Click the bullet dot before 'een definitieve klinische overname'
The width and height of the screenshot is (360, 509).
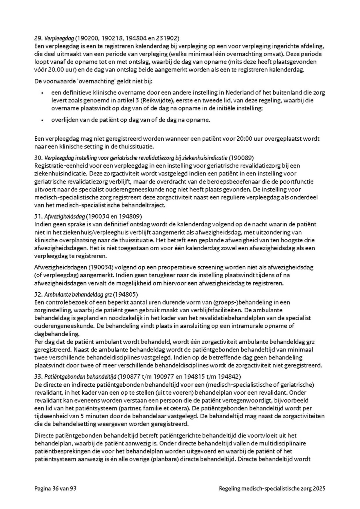click(x=43, y=93)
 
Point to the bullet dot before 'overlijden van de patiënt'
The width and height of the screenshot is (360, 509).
click(x=43, y=120)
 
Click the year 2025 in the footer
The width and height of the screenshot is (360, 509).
click(x=319, y=489)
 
